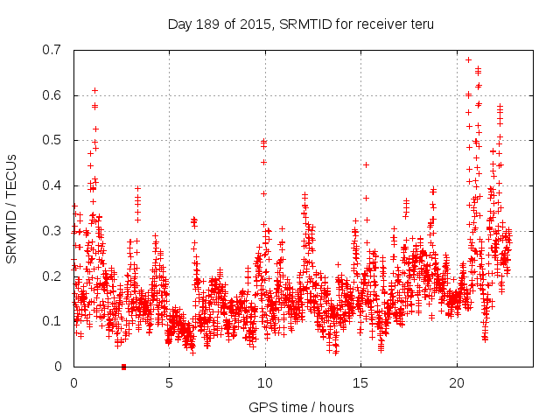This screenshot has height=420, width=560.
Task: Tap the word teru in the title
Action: pos(419,24)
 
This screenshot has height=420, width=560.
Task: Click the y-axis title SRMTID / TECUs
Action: pos(11,207)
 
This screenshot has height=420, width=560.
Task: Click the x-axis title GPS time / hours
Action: pos(301,407)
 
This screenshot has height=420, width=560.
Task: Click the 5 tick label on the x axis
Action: pos(169,382)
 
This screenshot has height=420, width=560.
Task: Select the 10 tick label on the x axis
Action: pos(265,382)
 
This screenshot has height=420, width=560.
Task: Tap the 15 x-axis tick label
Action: pos(360,382)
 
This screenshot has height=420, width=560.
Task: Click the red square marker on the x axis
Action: pos(123,367)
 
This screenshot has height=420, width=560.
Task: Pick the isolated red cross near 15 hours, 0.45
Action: pos(366,164)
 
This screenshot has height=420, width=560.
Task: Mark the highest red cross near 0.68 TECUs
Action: pos(468,60)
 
